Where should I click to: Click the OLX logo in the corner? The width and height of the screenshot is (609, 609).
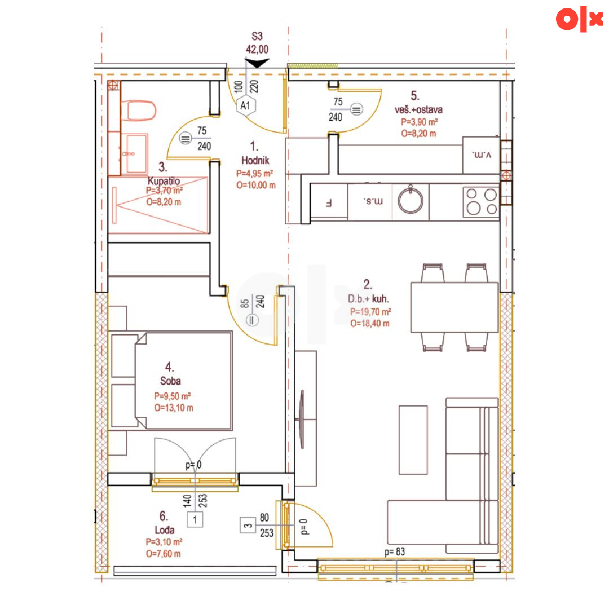[579, 19]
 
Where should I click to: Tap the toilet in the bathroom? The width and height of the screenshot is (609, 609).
[138, 111]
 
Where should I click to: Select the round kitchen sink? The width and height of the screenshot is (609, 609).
[411, 200]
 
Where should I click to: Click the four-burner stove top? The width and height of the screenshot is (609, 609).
[481, 201]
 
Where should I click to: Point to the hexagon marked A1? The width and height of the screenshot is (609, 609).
[245, 105]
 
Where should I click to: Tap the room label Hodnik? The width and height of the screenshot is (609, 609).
[255, 160]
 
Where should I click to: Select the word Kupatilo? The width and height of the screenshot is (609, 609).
[164, 181]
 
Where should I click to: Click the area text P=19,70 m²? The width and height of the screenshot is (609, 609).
[370, 311]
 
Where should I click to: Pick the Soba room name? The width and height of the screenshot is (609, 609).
[170, 381]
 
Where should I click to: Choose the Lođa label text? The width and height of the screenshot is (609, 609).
[164, 529]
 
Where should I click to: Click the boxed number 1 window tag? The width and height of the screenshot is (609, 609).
[195, 519]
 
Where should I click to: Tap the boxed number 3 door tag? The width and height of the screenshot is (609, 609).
[248, 525]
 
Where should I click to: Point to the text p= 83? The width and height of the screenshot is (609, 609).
[395, 551]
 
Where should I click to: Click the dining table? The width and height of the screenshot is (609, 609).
[454, 307]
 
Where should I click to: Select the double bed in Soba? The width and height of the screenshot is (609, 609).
[183, 381]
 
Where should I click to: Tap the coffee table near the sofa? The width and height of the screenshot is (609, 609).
[413, 440]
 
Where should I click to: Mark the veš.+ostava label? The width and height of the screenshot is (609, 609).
[418, 109]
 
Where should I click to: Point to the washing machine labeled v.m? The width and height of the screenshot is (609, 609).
[481, 155]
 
